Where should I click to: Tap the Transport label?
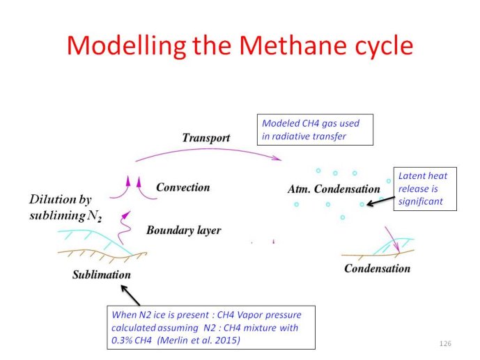tap(206, 138)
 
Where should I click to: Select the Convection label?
tap(183, 187)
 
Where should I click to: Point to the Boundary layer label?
tap(184, 230)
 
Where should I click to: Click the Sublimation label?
tap(102, 274)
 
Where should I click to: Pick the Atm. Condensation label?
tap(334, 189)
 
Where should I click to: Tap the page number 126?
tap(445, 343)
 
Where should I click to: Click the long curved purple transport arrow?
tap(208, 149)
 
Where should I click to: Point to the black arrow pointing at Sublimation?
tap(131, 295)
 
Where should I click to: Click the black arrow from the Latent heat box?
tap(380, 201)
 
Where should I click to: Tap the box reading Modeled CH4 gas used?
tap(315, 130)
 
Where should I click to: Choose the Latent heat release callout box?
tap(425, 189)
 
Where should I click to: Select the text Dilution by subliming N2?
tap(65, 208)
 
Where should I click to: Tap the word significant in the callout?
tap(421, 201)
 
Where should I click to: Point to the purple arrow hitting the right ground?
tap(392, 240)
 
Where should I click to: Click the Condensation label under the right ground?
tap(377, 269)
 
